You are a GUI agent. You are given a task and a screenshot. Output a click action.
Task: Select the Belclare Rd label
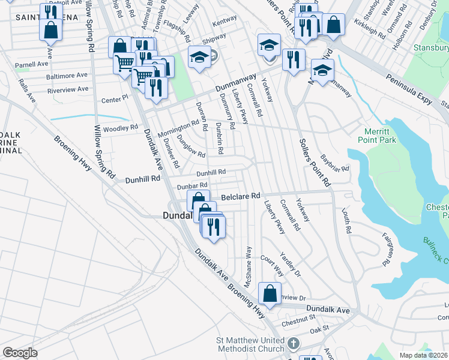240,196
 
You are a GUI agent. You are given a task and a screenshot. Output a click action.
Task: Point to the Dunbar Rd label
191,186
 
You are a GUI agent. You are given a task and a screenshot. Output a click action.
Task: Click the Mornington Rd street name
178,127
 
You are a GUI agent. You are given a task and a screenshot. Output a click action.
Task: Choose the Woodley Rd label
121,128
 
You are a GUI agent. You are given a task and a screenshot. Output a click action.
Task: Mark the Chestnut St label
300,316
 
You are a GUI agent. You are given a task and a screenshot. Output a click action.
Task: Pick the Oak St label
319,329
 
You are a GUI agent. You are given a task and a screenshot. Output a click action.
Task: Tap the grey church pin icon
293,344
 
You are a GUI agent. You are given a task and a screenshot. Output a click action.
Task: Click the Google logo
20,353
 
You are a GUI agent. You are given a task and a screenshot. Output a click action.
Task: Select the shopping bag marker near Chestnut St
270,295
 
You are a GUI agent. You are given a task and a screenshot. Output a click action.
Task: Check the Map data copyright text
424,355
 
